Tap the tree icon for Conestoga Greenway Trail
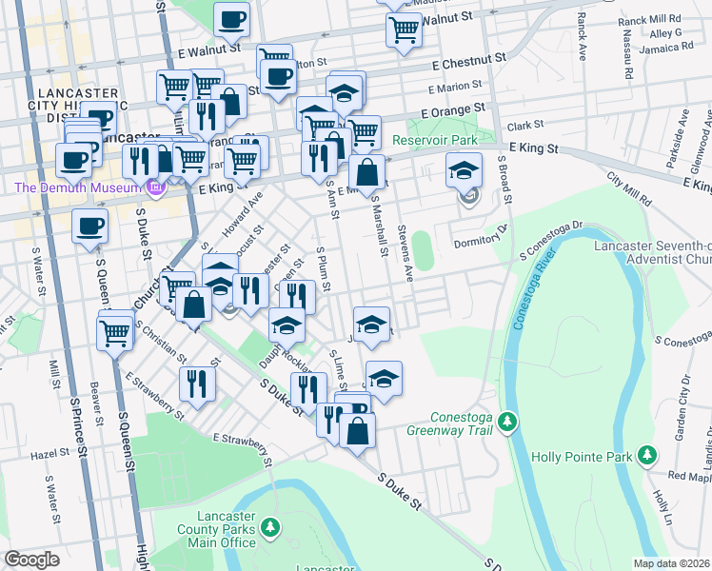click(x=508, y=421)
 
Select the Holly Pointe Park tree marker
click(x=647, y=456)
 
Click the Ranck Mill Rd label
click(x=649, y=18)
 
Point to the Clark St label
click(x=524, y=125)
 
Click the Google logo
click(x=31, y=560)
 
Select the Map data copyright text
click(x=672, y=563)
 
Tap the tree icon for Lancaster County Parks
click(x=271, y=526)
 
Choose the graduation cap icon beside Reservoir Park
click(x=465, y=171)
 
